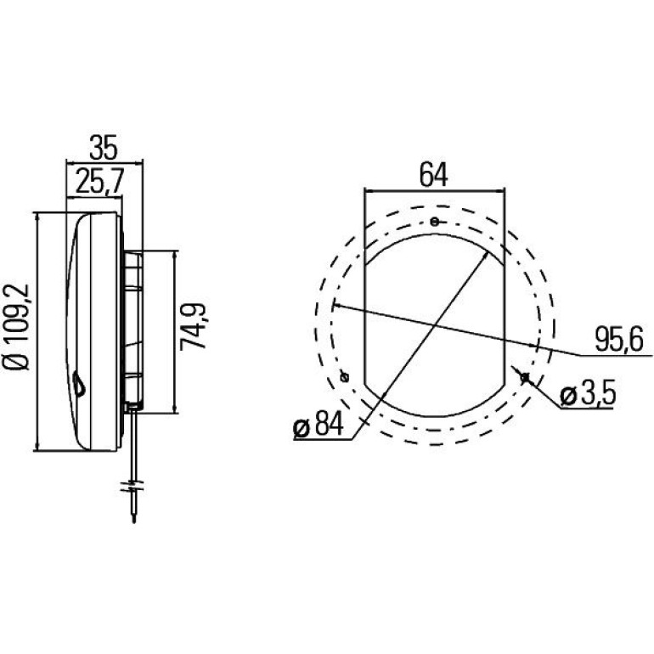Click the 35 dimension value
[x=104, y=148]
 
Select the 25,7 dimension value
[x=99, y=182]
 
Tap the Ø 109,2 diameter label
[x=18, y=327]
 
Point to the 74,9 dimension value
[x=193, y=326]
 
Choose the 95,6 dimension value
[x=619, y=339]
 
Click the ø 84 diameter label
[x=319, y=425]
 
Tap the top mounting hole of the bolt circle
[x=435, y=222]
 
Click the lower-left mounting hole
[x=345, y=377]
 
